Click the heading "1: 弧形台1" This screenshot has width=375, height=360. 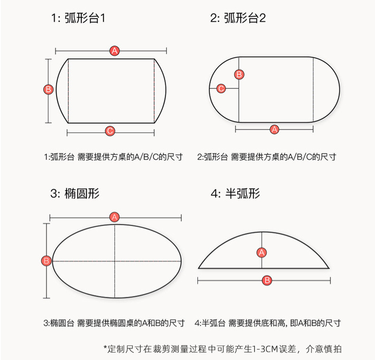(x=78, y=19)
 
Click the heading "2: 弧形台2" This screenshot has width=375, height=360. (x=238, y=19)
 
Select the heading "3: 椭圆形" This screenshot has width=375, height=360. (x=75, y=194)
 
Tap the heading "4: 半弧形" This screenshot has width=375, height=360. (x=235, y=194)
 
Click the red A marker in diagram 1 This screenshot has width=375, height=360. (x=114, y=51)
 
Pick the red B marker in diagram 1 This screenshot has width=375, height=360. (x=48, y=89)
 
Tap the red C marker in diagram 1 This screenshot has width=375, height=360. (x=110, y=131)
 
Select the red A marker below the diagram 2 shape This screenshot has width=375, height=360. (x=274, y=129)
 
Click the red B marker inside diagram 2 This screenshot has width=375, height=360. (x=239, y=74)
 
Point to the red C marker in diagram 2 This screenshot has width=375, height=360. (x=221, y=88)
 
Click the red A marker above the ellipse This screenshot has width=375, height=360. (x=114, y=218)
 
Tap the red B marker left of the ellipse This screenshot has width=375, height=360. (x=47, y=261)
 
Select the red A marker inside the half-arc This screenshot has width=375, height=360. (x=262, y=252)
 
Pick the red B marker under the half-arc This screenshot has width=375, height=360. (x=267, y=280)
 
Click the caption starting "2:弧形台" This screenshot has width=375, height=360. (x=267, y=157)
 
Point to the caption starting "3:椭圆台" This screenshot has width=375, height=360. (x=114, y=323)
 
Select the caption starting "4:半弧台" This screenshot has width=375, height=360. (x=268, y=323)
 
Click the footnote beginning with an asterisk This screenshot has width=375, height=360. (x=222, y=349)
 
